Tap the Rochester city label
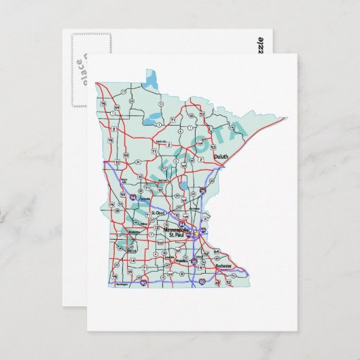(x=223, y=265)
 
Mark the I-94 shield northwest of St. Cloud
(x=131, y=196)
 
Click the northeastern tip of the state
(x=283, y=117)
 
